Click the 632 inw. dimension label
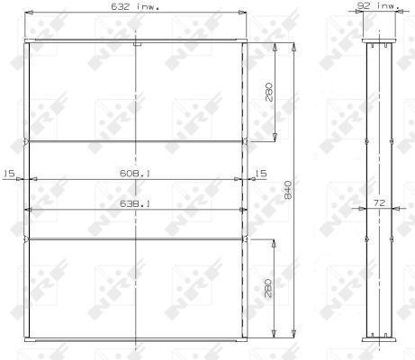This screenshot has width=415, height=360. [x=135, y=6]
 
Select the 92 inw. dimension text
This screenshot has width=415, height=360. [x=378, y=5]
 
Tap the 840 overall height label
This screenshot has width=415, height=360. [x=287, y=190]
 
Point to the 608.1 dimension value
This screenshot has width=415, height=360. [x=135, y=173]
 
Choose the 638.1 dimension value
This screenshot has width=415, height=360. [x=135, y=204]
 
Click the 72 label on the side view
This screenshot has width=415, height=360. [x=379, y=203]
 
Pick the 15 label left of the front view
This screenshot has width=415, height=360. [x=9, y=173]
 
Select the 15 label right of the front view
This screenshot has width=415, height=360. [x=261, y=173]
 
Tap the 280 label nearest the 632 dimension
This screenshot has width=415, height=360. [x=269, y=93]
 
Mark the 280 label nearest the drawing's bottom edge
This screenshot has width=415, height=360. [x=268, y=288]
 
